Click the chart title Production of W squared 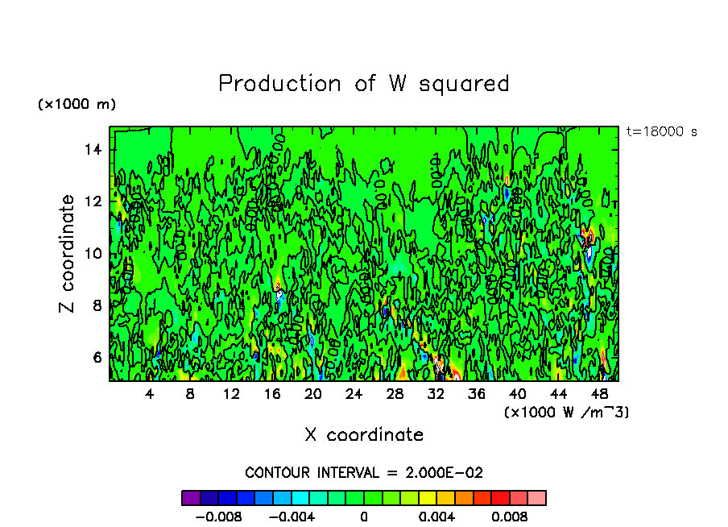pos(364,84)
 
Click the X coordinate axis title pos(364,435)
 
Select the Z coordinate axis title pos(67,254)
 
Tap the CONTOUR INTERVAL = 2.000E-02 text pos(364,473)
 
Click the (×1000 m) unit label pos(77,105)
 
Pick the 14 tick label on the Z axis pos(94,150)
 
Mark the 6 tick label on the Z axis pos(98,357)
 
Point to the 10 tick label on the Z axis pos(94,254)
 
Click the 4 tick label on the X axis pos(150,394)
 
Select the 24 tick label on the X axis pos(354,394)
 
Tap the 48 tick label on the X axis pos(598,394)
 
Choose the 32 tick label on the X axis pos(436,394)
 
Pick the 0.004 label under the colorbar pos(437,516)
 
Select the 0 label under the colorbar pos(364,516)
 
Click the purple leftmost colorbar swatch pos(191,497)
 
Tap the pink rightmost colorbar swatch pos(537,497)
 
